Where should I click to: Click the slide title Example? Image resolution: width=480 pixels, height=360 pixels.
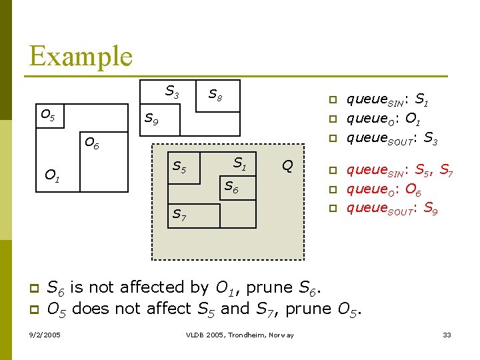click(x=81, y=56)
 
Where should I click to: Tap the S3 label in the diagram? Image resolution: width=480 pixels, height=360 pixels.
click(x=172, y=91)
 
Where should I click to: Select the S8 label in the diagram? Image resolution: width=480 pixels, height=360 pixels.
click(x=215, y=95)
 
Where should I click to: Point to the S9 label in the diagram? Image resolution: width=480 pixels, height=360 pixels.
click(x=152, y=120)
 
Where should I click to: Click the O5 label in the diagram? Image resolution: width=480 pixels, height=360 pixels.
click(x=48, y=115)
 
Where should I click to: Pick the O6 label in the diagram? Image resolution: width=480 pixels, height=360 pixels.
click(x=91, y=143)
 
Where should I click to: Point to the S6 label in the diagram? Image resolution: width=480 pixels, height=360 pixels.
click(x=231, y=187)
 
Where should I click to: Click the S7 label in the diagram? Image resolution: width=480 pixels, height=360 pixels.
click(x=179, y=215)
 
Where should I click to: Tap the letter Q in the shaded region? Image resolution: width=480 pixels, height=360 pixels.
click(x=287, y=165)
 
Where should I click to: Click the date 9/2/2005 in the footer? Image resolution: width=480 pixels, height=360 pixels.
click(x=45, y=334)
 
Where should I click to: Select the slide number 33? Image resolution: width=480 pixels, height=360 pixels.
click(x=447, y=334)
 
